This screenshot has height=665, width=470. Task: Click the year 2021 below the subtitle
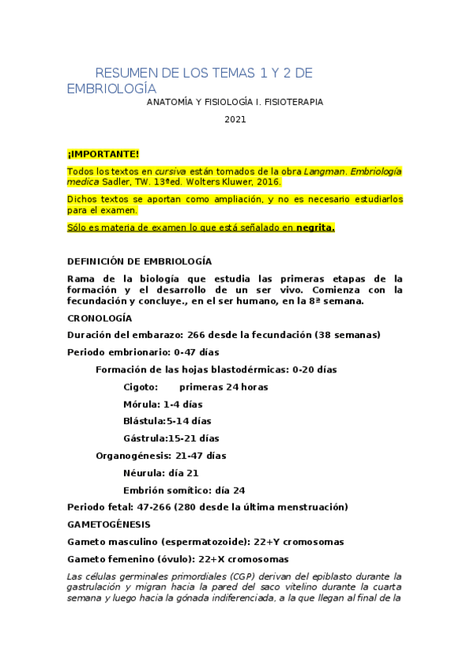(x=235, y=119)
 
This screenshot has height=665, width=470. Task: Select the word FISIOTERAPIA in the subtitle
(x=290, y=102)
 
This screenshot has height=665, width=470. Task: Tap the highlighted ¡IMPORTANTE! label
(x=103, y=154)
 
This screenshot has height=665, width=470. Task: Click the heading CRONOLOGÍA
(x=100, y=318)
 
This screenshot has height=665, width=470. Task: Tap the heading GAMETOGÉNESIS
(x=108, y=524)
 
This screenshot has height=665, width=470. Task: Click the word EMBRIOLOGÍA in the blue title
(x=111, y=89)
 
